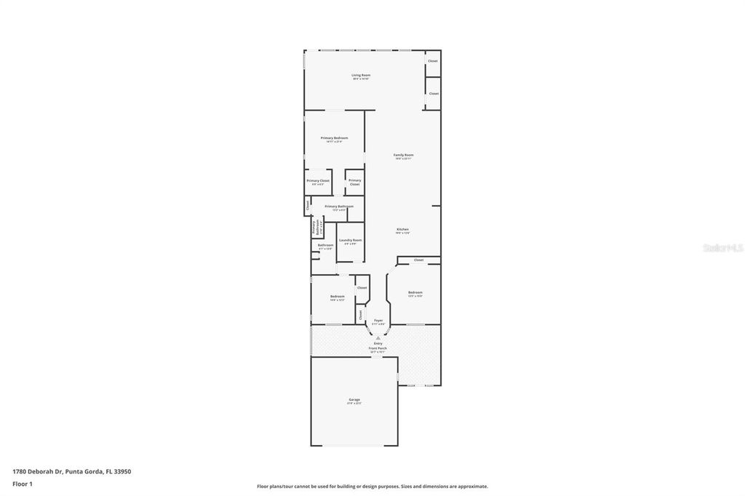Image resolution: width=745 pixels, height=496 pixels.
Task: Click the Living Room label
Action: [361, 75]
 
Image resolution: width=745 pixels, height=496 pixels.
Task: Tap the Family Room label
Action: [404, 155]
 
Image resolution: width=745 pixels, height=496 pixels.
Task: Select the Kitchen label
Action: [402, 230]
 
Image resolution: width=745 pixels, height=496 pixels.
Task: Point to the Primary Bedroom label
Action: [334, 137]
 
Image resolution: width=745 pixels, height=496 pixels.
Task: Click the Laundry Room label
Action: [350, 241]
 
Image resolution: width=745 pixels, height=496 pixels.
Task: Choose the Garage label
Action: [354, 399]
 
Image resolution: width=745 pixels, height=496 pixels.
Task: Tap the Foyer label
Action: [378, 320]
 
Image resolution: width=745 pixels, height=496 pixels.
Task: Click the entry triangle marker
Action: [378, 337]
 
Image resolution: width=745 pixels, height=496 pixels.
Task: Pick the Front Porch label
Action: [378, 348]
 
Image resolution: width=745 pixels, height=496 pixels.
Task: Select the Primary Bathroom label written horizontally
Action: [339, 206]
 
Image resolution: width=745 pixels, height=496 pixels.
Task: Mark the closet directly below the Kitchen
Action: [418, 260]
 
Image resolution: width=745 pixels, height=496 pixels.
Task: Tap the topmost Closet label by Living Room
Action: [433, 61]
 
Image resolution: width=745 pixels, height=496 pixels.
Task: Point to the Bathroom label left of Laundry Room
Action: [325, 245]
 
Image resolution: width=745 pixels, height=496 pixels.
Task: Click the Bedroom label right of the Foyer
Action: [415, 292]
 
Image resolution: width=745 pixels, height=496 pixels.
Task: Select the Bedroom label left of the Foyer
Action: [337, 296]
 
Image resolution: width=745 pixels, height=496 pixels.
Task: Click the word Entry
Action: [378, 343]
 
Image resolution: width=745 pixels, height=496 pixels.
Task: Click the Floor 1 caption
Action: [23, 484]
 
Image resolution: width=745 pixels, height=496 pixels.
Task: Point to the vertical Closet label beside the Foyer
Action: [360, 314]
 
